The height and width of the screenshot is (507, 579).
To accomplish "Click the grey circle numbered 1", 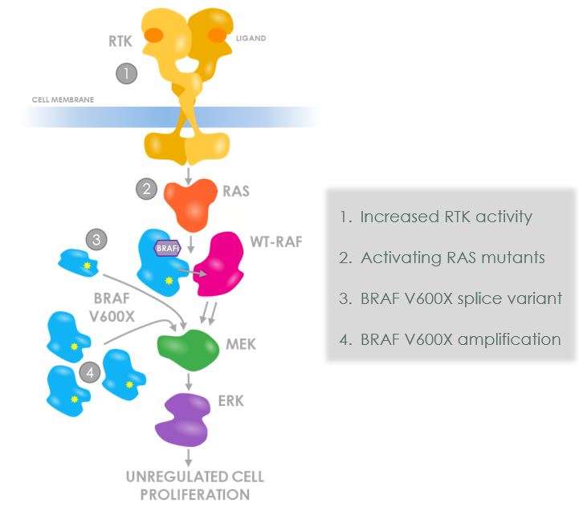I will (127, 74).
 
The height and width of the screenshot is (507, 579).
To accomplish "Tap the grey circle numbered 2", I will (146, 190).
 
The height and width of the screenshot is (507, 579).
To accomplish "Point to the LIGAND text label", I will (252, 39).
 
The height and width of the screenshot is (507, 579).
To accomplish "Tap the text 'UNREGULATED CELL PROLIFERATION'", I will (194, 485).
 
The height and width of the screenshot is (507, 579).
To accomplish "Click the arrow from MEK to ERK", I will (188, 382).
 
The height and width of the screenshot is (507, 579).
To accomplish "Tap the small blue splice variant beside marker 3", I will (79, 262).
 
